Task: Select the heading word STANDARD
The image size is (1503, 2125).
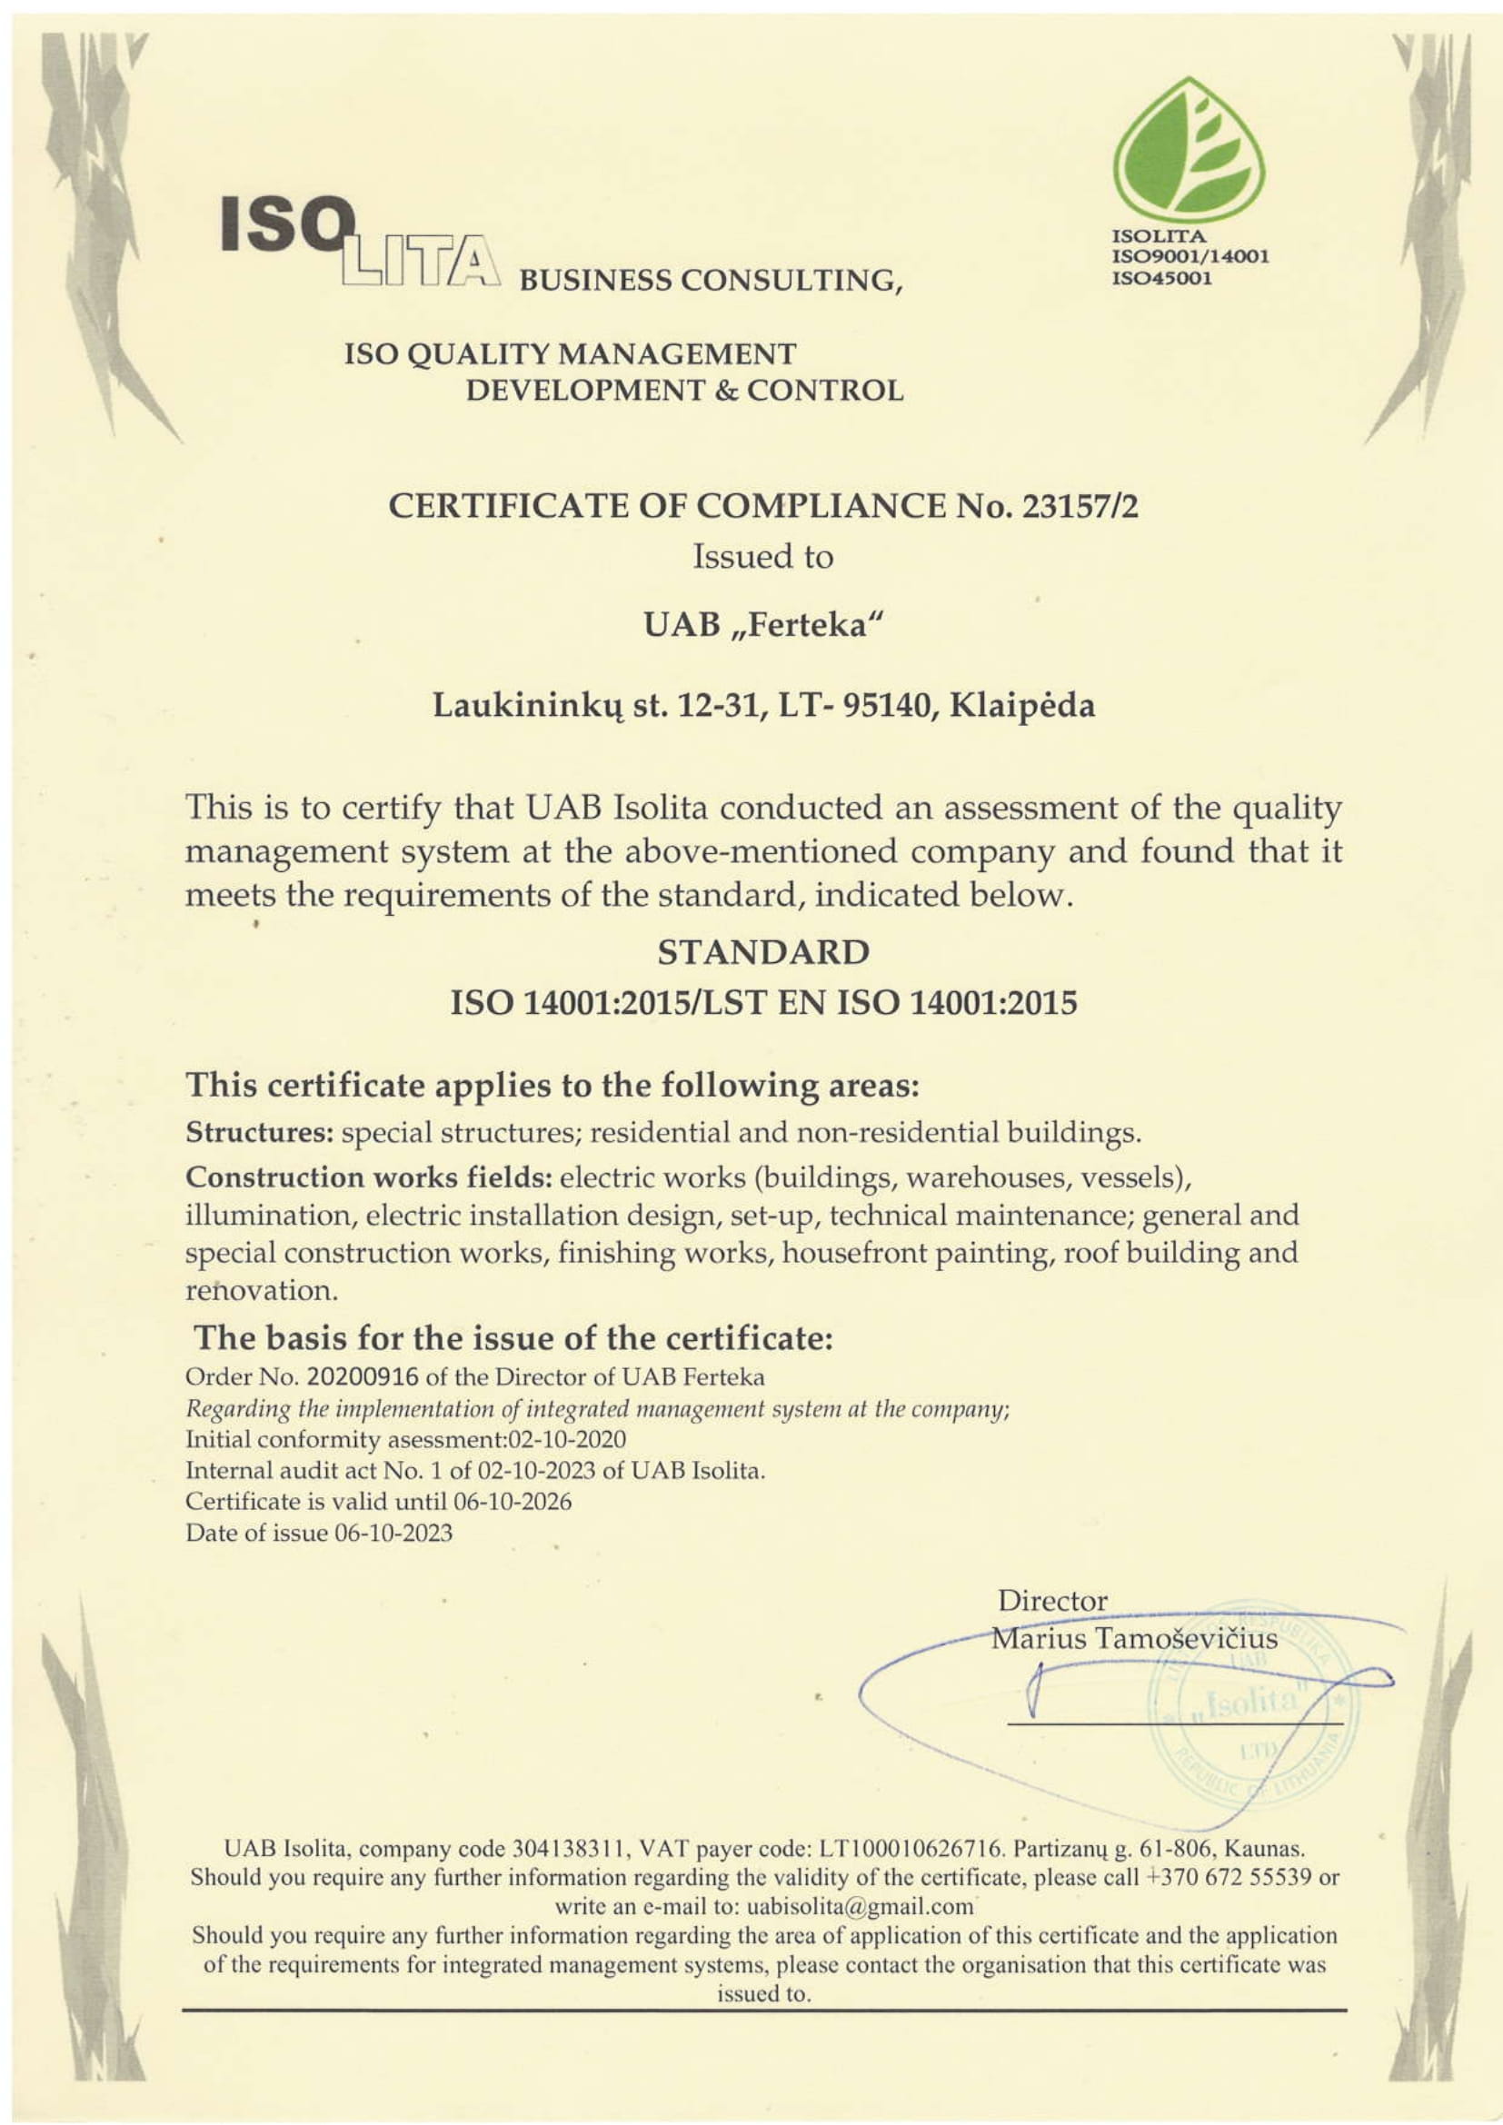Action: (762, 952)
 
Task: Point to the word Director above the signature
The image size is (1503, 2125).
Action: (1052, 1600)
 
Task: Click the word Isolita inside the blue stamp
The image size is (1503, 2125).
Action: (1251, 1701)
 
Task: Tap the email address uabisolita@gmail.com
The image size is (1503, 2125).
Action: (860, 1906)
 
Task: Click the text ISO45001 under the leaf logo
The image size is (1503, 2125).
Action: (1161, 278)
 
